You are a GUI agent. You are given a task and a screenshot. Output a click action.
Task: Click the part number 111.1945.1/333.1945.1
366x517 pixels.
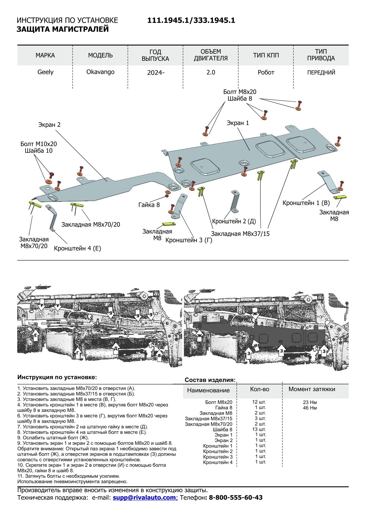(x=191, y=20)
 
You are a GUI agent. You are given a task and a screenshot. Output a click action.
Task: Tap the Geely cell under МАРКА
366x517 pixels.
(x=45, y=72)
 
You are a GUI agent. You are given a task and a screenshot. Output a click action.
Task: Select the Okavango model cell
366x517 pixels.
(x=100, y=72)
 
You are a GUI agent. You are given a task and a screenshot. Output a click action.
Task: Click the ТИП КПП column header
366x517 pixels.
(x=266, y=55)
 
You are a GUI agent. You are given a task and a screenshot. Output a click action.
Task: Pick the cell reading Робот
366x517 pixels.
(x=266, y=72)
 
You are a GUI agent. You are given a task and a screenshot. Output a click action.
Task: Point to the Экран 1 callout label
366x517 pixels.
(x=238, y=123)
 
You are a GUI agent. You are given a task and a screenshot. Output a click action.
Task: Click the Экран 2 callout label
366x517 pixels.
(x=49, y=125)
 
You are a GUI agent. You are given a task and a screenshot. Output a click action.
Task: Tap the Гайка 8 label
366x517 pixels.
(x=149, y=205)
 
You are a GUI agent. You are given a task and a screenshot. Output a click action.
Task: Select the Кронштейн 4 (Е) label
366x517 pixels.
(x=77, y=248)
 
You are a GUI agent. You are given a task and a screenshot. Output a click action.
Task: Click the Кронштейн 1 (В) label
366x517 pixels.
(x=306, y=203)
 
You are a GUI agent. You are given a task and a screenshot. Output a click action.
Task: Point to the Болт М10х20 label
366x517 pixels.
(x=38, y=144)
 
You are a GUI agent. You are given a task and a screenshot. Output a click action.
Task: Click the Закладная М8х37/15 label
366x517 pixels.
(x=240, y=234)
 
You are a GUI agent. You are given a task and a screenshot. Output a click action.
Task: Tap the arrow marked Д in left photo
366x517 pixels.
(x=116, y=348)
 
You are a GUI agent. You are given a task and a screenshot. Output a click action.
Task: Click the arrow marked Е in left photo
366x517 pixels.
(x=35, y=336)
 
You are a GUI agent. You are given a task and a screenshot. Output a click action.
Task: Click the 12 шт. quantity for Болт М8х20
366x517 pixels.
(x=259, y=402)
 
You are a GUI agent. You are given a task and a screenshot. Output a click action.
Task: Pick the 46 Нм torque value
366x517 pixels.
(x=310, y=408)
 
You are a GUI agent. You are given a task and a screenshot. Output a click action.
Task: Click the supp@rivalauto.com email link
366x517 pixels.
(x=145, y=498)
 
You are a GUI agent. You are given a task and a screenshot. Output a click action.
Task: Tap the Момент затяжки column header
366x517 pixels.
(x=312, y=389)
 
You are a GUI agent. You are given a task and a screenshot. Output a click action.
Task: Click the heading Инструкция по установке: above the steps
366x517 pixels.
(x=57, y=377)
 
